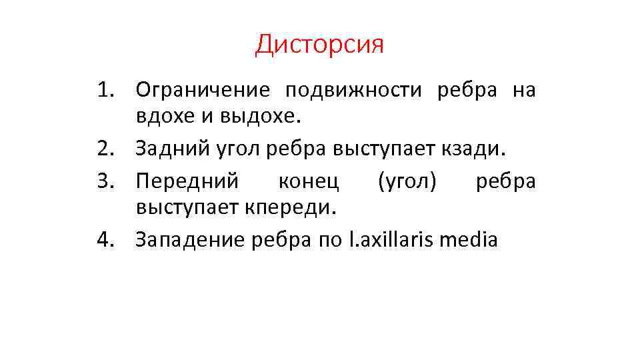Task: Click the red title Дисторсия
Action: click(319, 45)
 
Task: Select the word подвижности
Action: click(354, 90)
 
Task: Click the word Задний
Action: click(165, 148)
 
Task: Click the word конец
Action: click(308, 180)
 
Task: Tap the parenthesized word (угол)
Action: click(407, 180)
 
